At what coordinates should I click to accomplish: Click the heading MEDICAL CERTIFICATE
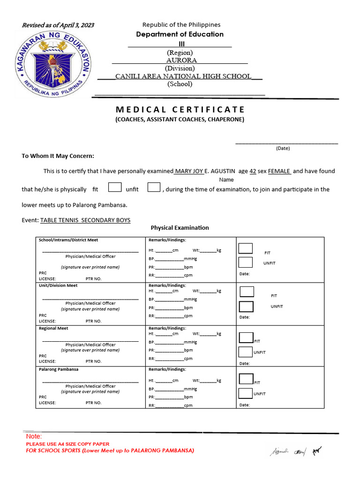point(180,110)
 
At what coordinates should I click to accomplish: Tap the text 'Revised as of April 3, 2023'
point(58,25)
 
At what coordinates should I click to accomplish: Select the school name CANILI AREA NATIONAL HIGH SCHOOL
point(183,76)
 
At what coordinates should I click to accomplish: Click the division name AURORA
point(181,60)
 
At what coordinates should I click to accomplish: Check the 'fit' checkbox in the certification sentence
point(115,187)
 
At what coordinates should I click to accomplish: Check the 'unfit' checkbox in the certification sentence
point(154,187)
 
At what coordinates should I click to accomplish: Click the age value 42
point(253,171)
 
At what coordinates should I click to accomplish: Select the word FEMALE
point(279,171)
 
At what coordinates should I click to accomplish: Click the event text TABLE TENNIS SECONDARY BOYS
point(85,220)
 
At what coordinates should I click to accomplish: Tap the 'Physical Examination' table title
point(180,228)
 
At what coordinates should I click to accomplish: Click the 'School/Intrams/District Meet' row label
point(68,240)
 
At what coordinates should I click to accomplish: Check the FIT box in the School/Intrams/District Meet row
point(246,248)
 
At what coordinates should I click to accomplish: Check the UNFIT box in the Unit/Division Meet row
point(246,307)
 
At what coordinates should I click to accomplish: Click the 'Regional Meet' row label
point(53,328)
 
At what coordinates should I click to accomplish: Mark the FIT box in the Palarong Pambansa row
point(246,379)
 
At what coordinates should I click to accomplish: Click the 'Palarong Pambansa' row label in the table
point(59,369)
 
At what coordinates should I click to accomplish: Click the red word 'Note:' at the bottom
point(34,436)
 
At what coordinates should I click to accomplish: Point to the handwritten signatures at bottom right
point(295,451)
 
